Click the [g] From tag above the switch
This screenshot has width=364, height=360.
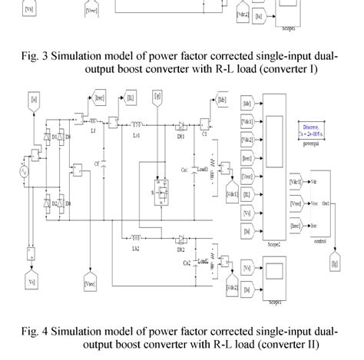pos(157,97)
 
